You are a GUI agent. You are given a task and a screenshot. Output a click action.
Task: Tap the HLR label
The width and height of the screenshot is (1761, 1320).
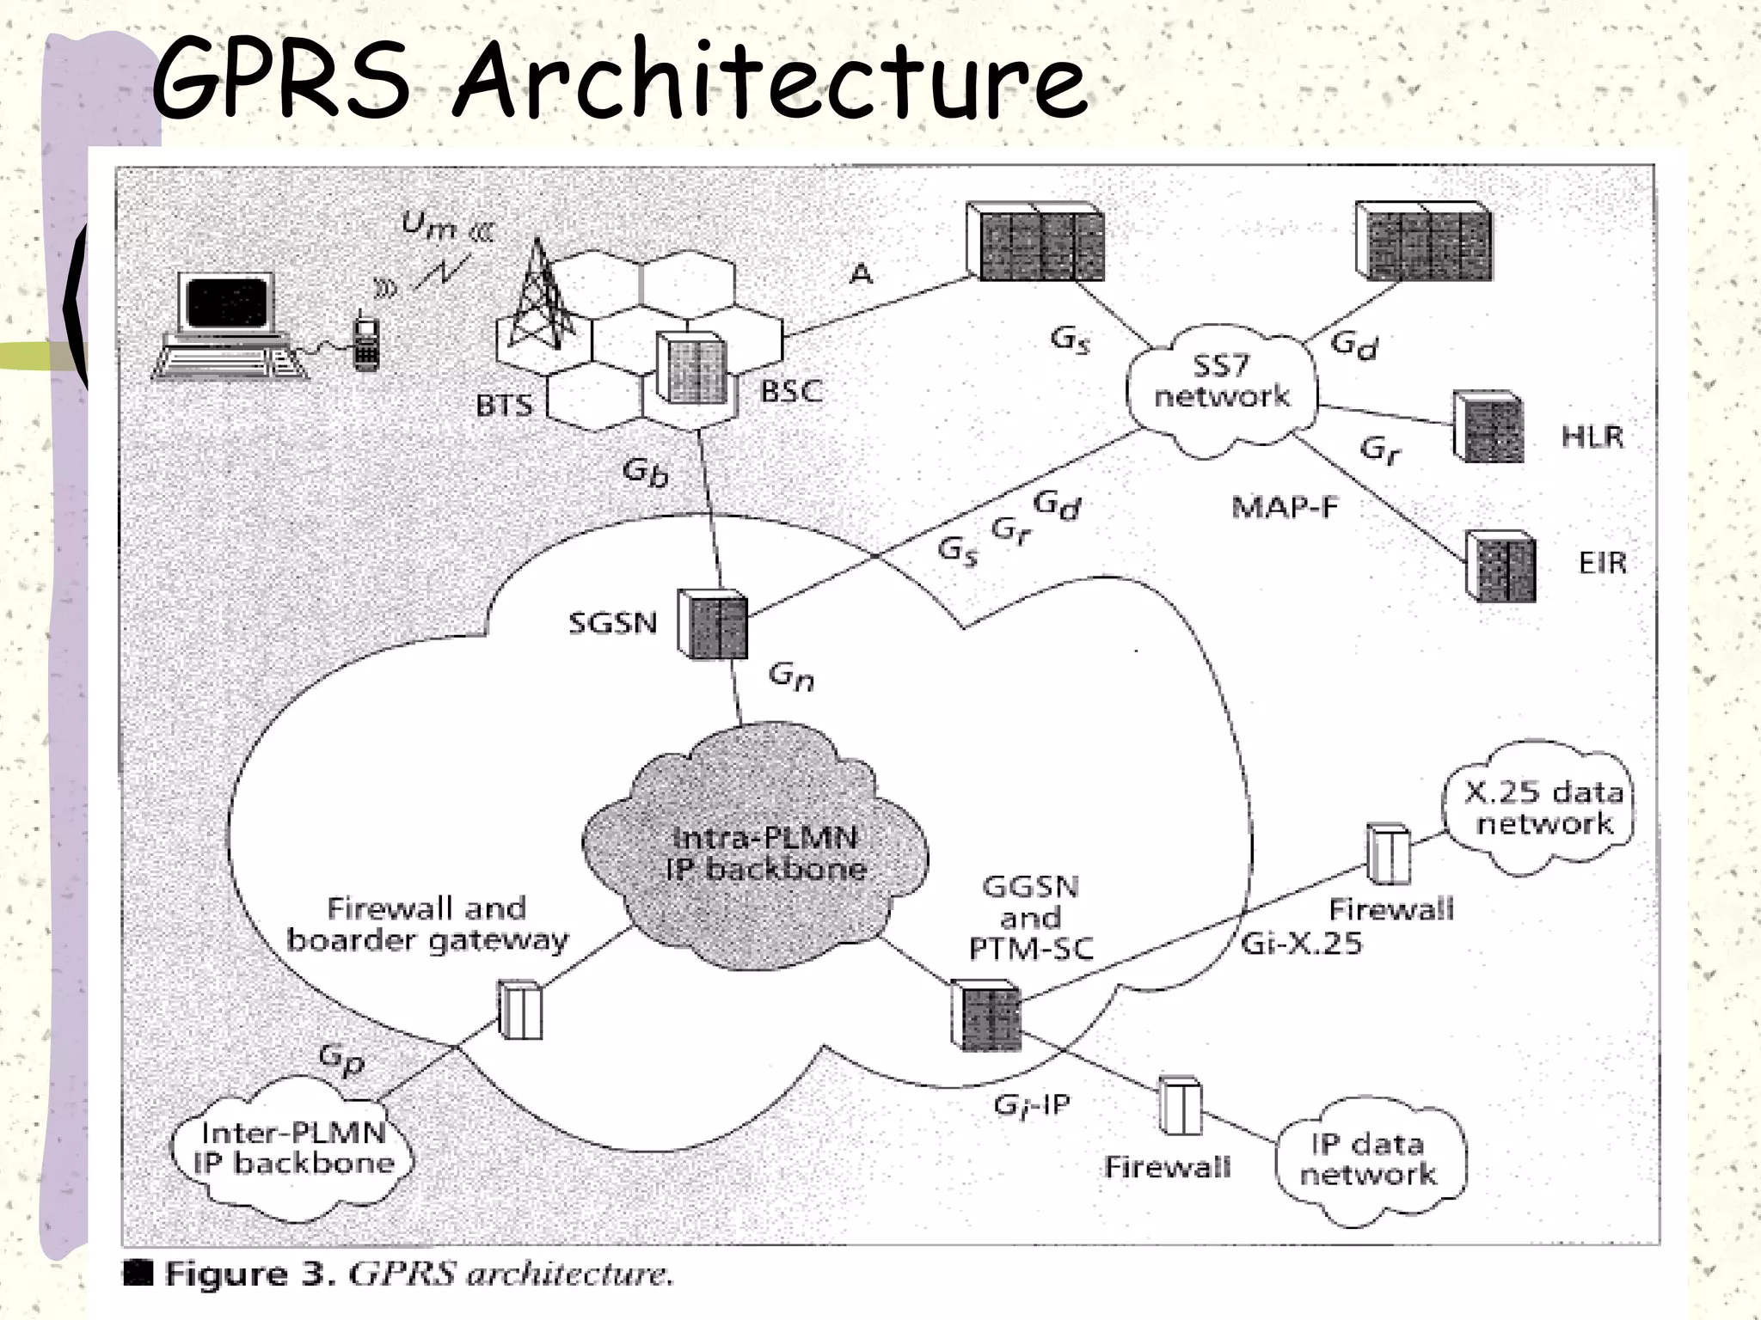pos(1592,437)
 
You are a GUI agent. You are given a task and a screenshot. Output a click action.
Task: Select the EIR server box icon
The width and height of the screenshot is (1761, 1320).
pos(1500,566)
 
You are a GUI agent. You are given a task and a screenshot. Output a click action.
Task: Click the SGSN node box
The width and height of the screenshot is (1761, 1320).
pos(712,624)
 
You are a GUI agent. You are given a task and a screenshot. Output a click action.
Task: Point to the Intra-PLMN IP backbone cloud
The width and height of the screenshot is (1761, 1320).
pos(757,851)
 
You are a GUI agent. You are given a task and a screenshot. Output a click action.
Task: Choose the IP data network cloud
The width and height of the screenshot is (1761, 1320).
pos(1369,1160)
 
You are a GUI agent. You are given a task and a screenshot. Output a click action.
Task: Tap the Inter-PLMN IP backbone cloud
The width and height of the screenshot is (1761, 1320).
pos(292,1150)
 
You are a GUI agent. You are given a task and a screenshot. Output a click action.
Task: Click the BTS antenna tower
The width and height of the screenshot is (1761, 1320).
pos(539,296)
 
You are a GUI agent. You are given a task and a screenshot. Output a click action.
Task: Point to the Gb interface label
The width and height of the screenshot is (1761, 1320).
pos(645,472)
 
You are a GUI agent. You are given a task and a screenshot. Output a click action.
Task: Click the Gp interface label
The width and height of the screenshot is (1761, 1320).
pos(342,1059)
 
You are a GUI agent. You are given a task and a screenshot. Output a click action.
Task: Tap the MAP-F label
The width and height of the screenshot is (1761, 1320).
pos(1285,508)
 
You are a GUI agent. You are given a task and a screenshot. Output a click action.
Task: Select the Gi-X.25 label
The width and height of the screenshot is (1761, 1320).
pos(1302,944)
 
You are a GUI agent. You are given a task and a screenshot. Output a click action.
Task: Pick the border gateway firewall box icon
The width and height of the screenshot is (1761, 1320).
pos(520,1011)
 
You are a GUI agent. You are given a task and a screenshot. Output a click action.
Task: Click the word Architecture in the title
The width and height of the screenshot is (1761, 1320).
pos(770,82)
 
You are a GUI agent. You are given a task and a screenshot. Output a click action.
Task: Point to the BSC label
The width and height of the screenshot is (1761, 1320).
pos(791,392)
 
